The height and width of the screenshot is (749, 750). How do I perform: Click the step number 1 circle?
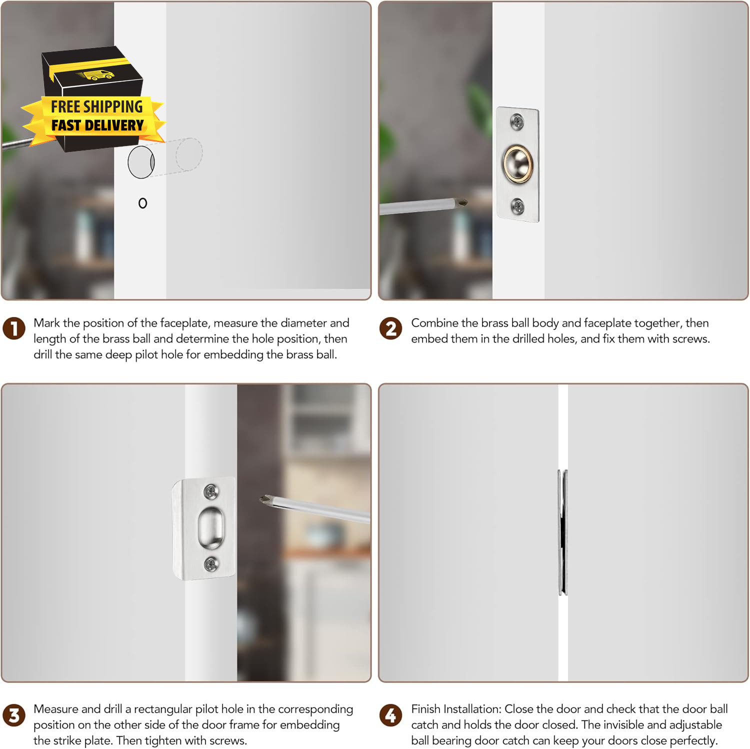pyautogui.click(x=14, y=328)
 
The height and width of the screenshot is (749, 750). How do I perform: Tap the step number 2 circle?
pyautogui.click(x=391, y=328)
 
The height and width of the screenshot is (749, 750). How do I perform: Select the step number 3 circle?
pyautogui.click(x=14, y=715)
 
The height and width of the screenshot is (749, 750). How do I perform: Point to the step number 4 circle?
pyautogui.click(x=391, y=715)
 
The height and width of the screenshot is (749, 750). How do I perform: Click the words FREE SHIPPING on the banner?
pyautogui.click(x=96, y=106)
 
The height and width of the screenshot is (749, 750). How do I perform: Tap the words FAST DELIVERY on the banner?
pyautogui.click(x=97, y=125)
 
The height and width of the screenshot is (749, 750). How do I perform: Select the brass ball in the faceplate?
pyautogui.click(x=517, y=164)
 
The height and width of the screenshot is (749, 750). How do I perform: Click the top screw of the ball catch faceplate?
pyautogui.click(x=517, y=120)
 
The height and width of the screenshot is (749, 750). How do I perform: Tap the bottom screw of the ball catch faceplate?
pyautogui.click(x=517, y=205)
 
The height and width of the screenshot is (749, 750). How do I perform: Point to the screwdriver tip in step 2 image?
pyautogui.click(x=462, y=202)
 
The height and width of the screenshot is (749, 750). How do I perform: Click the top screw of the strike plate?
pyautogui.click(x=211, y=491)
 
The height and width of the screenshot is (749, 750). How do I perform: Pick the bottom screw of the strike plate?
pyautogui.click(x=211, y=564)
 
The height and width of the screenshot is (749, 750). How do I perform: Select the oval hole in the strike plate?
pyautogui.click(x=211, y=527)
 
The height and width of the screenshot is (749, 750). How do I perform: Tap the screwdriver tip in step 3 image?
pyautogui.click(x=265, y=499)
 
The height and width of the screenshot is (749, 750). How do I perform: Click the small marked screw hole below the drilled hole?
pyautogui.click(x=143, y=203)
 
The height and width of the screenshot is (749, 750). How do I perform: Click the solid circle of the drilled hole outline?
pyautogui.click(x=141, y=162)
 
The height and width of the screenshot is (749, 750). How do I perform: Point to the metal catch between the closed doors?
pyautogui.click(x=563, y=532)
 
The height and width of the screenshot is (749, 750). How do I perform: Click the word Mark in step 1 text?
pyautogui.click(x=46, y=323)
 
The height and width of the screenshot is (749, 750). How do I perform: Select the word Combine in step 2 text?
pyautogui.click(x=432, y=323)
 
